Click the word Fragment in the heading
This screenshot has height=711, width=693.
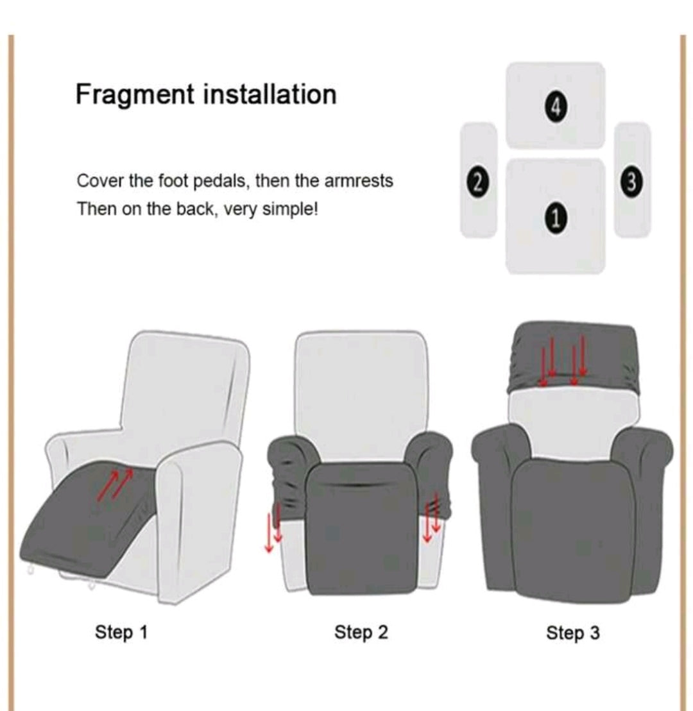tap(135, 95)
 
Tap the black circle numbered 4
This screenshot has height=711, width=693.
tap(556, 107)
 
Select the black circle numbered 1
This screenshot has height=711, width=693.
tap(556, 218)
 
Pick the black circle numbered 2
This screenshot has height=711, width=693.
tap(477, 182)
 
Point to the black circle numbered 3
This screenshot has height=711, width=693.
tap(632, 182)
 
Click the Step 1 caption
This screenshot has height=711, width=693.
tap(121, 632)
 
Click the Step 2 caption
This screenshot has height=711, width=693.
tap(361, 632)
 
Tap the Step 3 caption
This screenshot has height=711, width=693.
tap(573, 633)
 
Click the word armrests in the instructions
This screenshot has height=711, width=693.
tap(359, 180)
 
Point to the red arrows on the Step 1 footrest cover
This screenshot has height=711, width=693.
tap(116, 484)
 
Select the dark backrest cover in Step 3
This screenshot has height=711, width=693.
tap(574, 357)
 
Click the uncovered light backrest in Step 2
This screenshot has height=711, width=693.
tap(361, 397)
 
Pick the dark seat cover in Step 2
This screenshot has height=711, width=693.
tap(361, 529)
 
